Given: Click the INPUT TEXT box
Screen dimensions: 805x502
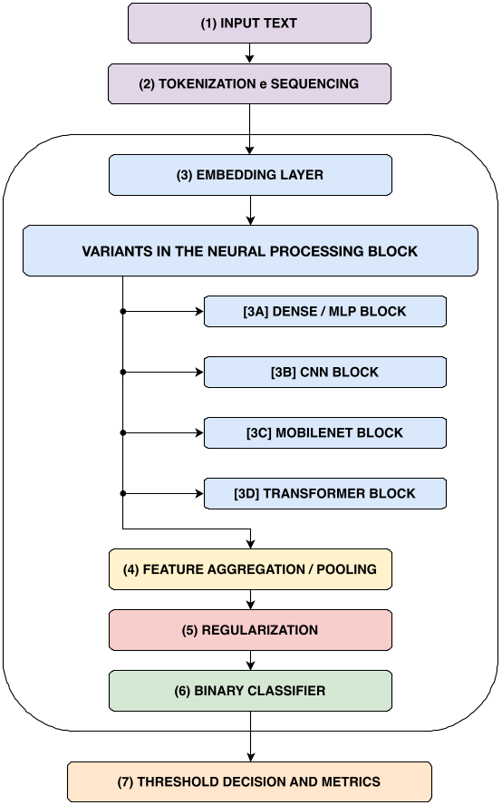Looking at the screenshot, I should [249, 23].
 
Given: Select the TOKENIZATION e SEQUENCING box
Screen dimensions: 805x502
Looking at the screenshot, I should [249, 83].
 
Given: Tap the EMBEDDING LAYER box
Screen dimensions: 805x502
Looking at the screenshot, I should [250, 174].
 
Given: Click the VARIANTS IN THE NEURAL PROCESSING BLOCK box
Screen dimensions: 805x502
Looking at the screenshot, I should [250, 250].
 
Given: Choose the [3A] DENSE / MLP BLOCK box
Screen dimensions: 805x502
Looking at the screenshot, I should [325, 311].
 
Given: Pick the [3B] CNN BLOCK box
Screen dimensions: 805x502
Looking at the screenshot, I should [325, 372].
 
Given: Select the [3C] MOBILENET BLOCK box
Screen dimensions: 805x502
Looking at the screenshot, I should [325, 432].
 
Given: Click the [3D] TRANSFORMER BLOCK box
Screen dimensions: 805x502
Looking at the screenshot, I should [325, 493].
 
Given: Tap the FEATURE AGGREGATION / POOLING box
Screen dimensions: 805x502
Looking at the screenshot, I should [250, 569].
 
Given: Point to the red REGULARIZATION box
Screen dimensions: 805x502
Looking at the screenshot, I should [250, 629].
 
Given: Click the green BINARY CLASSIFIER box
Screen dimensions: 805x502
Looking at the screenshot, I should [250, 690].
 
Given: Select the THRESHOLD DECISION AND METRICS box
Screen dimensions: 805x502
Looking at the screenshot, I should [249, 781].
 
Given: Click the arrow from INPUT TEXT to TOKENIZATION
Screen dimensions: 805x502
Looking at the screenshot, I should [250, 53].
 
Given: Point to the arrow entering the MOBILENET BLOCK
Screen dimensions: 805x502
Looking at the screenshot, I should [163, 432].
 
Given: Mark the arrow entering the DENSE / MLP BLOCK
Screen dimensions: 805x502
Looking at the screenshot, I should [163, 311].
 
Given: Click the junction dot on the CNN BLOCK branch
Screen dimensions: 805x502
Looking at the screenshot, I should [122, 372].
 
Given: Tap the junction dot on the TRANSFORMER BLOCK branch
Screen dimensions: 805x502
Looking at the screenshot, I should [122, 493].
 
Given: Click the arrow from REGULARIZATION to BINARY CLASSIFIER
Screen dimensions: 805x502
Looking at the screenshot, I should [250, 660].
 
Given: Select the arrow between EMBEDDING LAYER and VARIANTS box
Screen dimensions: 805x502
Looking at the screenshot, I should [250, 210].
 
